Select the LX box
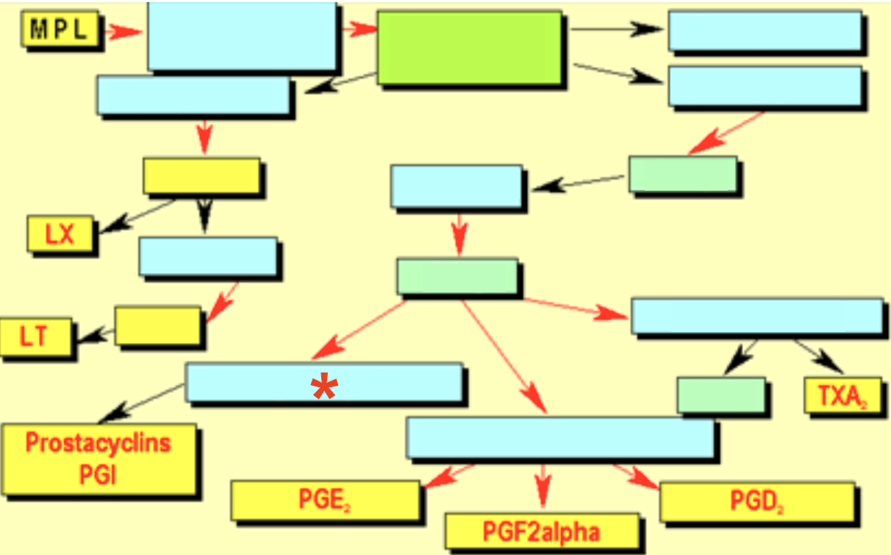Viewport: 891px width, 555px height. point(60,234)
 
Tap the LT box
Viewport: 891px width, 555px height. point(35,337)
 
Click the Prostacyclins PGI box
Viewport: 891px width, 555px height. point(99,458)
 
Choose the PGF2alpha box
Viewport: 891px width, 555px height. point(541,531)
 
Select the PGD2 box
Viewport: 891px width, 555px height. point(756,501)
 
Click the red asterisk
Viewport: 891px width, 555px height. point(323,388)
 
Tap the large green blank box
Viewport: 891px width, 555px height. point(469,48)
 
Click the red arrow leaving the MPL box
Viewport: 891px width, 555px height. point(124,31)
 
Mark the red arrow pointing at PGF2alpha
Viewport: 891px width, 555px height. point(543,486)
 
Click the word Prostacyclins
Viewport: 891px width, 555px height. point(99,443)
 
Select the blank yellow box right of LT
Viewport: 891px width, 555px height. point(157,325)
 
